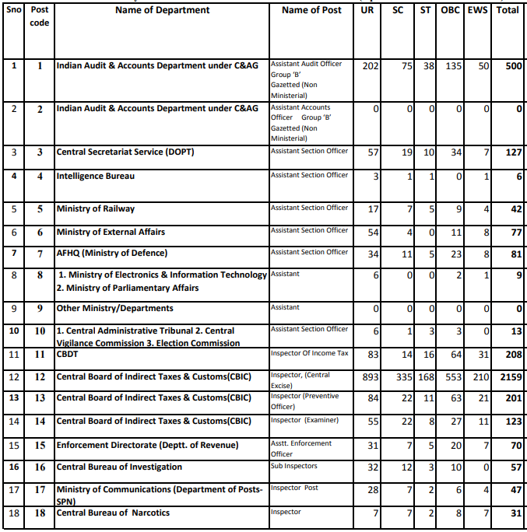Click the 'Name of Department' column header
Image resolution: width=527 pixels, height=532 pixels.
[162, 10]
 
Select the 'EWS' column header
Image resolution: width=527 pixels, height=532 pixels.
[479, 10]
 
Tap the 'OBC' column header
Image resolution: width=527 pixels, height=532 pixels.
[450, 10]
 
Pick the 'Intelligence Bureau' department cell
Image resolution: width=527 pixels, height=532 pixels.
[96, 176]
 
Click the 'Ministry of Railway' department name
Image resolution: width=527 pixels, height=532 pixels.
[96, 208]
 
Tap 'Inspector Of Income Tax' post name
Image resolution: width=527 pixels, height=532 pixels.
[309, 353]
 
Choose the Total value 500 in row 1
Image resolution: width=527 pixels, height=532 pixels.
[512, 67]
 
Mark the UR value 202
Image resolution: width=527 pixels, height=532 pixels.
[371, 67]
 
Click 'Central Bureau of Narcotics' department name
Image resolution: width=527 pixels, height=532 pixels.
[113, 513]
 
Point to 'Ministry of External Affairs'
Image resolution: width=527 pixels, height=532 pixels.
[111, 232]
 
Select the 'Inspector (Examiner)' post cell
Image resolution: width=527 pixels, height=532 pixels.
[304, 421]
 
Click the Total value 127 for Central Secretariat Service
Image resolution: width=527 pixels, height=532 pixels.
[512, 152]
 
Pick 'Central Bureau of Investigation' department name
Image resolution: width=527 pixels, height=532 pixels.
[119, 467]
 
